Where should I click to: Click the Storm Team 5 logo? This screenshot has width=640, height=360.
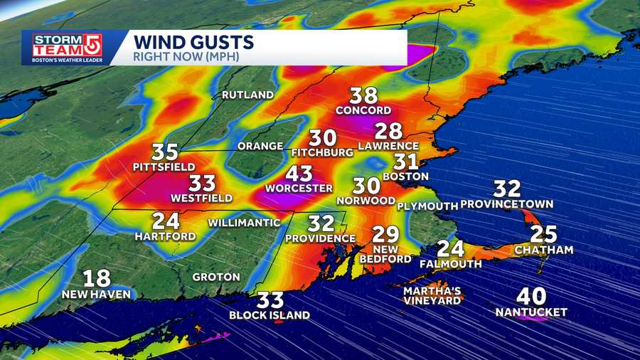65,48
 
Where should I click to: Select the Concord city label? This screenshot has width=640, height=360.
363,110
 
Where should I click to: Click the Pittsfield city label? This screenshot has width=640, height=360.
164,166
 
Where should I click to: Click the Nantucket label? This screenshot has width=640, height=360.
531,312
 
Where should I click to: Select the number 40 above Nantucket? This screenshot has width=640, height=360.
531,295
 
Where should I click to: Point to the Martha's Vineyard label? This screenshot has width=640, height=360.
432,296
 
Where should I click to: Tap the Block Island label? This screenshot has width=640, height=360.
270,315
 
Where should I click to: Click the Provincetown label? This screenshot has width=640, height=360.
506,204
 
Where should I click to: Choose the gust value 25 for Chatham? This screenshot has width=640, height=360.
543,235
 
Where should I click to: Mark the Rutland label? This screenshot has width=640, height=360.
247,95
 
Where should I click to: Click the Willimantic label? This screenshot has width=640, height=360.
243,223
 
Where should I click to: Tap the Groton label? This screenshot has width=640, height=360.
215,277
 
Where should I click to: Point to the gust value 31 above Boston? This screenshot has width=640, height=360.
406,162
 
